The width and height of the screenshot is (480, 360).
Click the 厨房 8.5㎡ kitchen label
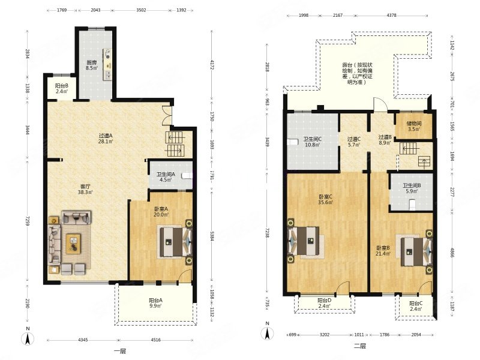point(92,65)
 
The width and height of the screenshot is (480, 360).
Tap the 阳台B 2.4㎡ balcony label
point(62,88)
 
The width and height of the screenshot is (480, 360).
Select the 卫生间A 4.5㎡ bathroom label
point(166,177)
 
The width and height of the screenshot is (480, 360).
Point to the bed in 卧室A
point(175,242)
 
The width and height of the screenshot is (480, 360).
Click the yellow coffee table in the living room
point(73,244)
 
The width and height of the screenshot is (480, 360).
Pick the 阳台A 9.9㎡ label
point(155,303)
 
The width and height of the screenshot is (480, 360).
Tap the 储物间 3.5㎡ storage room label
point(414,126)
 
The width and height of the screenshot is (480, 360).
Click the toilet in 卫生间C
point(293,142)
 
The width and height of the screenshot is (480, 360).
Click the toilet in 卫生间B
point(412,204)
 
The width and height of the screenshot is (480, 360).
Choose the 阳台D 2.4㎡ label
point(324,303)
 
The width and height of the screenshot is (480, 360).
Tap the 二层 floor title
point(359,346)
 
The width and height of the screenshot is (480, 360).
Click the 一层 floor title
point(119,351)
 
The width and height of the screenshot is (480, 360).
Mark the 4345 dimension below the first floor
point(83,340)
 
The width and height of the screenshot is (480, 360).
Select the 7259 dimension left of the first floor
point(27,221)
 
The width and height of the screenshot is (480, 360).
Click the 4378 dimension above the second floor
point(392,16)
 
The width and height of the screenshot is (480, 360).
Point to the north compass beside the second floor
point(267,332)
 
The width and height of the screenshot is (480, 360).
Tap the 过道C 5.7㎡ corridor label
point(354,142)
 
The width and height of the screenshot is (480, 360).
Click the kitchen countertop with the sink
point(107,64)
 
